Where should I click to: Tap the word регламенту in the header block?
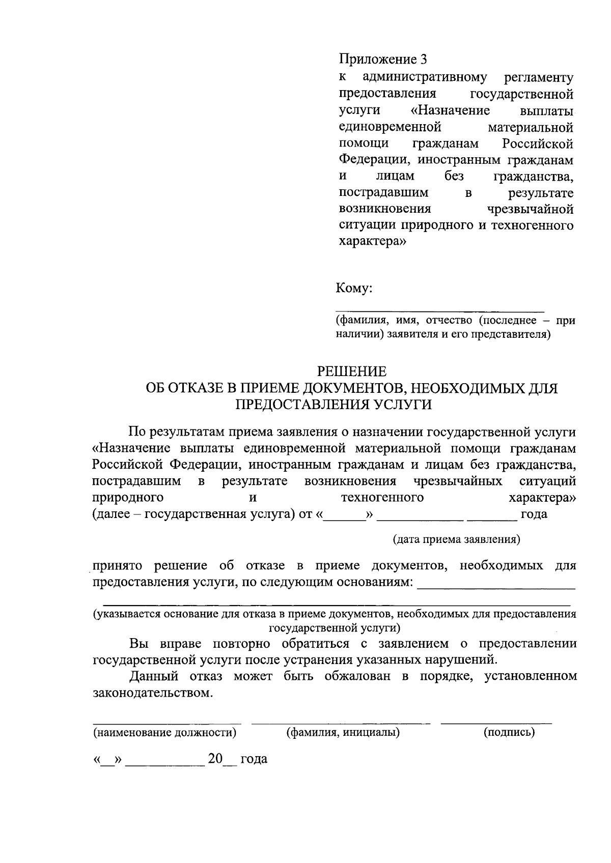pos(539,77)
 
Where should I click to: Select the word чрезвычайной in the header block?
pos(530,209)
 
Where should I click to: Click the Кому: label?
pos(354,289)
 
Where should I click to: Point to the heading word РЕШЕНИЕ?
pos(351,371)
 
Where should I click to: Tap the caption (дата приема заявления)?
pos(456,539)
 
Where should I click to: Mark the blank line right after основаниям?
pos(496,588)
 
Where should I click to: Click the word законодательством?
pos(152,693)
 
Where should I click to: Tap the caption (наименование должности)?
pos(164,733)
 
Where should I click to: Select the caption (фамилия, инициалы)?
pos(343,733)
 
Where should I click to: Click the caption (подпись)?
pos(509,733)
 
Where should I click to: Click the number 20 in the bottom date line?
pos(215,759)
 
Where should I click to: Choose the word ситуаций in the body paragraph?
pos(548,481)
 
